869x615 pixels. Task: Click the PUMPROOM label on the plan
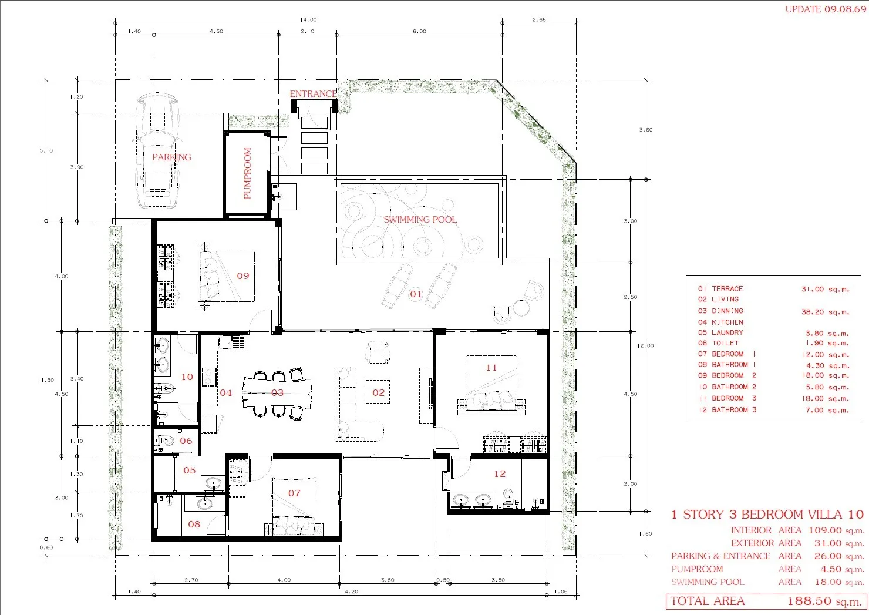[x=248, y=173]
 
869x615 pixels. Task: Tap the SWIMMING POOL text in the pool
[x=420, y=220]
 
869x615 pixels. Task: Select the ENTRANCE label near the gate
[x=314, y=94]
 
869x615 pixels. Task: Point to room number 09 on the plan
[x=243, y=276]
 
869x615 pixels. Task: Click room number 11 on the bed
[x=491, y=368]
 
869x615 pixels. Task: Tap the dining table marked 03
[x=277, y=392]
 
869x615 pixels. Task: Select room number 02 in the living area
[x=378, y=392]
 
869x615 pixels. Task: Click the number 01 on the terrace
[x=416, y=294]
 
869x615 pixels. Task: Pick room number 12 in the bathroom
[x=500, y=474]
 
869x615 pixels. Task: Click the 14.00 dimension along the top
[x=308, y=19]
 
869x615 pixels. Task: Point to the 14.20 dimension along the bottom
[x=350, y=592]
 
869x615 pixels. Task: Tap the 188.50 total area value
[x=809, y=601]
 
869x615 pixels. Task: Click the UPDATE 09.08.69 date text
[x=826, y=9]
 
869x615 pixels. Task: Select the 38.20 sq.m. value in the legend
[x=825, y=312]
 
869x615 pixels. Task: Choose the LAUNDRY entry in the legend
[x=727, y=332]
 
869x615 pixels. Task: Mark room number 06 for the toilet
[x=186, y=441]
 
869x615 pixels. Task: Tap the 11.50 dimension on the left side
[x=46, y=380]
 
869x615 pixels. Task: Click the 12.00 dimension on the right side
[x=645, y=346]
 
